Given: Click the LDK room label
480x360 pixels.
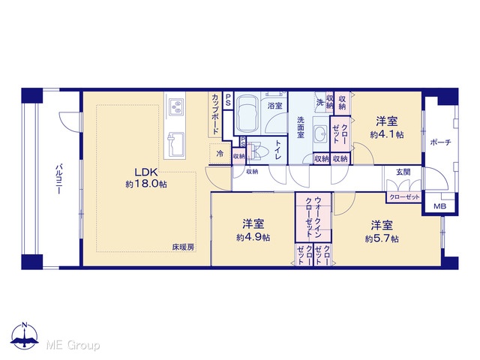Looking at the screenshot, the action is coord(145,172).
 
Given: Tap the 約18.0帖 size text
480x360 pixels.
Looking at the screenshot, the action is coord(146,184).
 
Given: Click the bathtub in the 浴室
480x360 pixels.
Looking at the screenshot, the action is coord(247,114).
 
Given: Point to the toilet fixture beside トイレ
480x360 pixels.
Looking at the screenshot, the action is coord(258,151).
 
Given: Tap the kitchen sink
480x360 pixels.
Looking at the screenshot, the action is coord(175,144).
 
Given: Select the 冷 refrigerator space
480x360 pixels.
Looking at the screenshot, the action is coord(220,153).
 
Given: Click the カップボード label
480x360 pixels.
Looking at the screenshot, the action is coord(215,115).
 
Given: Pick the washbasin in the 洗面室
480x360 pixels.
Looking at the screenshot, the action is coord(320,134).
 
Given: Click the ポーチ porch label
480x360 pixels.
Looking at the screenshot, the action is coord(440,142).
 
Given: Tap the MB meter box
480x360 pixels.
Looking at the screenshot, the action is coord(439,206).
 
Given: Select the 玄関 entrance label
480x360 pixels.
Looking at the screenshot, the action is coord(403,172).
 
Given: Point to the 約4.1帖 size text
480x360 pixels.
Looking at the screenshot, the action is coord(387,134).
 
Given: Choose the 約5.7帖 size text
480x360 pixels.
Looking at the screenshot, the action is coord(382,238).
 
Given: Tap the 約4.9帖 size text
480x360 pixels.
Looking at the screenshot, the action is coord(253,237).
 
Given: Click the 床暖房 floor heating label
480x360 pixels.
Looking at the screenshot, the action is coord(183,247).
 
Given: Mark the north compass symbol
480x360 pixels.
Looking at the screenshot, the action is coord(25,336).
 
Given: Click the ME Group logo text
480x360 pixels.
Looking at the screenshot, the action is coord(73,345).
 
